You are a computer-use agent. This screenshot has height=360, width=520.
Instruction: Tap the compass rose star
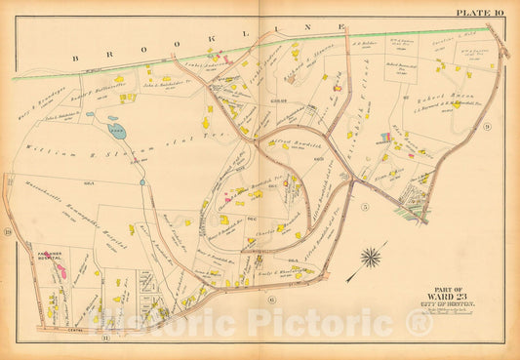pos(370,259)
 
